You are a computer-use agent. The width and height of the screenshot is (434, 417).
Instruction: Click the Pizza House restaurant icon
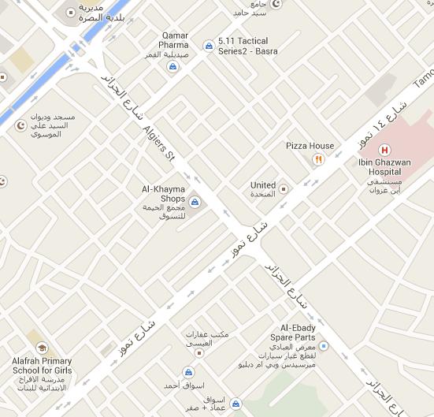pyautogui.click(x=318, y=159)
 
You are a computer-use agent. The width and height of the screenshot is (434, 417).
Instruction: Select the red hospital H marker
pyautogui.click(x=385, y=150)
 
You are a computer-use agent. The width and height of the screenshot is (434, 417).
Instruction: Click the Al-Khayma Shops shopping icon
pyautogui.click(x=195, y=203)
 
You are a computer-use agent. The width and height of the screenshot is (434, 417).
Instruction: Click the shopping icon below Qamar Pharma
pyautogui.click(x=172, y=66)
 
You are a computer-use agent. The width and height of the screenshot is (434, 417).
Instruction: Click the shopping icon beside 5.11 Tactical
pyautogui.click(x=208, y=46)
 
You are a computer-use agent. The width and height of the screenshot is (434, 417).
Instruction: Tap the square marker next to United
pyautogui.click(x=284, y=189)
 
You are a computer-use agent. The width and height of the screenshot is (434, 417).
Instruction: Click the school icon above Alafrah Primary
pyautogui.click(x=42, y=348)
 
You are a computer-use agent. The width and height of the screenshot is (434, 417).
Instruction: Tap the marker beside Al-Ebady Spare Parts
pyautogui.click(x=324, y=346)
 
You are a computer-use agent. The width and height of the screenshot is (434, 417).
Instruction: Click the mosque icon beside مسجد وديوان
pyautogui.click(x=20, y=125)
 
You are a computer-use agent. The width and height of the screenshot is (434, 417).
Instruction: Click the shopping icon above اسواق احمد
pyautogui.click(x=188, y=372)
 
